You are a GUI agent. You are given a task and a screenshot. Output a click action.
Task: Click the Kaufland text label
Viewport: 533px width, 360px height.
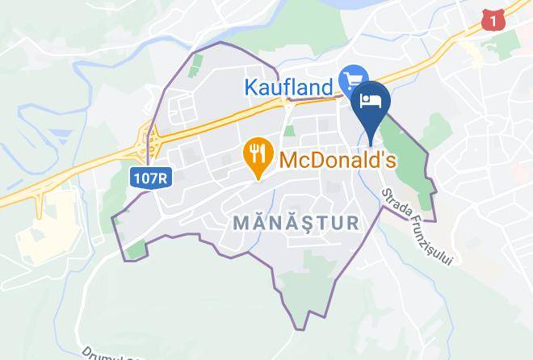(x=287, y=86)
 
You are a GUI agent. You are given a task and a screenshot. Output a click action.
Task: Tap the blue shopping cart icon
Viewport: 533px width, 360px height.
(x=353, y=80)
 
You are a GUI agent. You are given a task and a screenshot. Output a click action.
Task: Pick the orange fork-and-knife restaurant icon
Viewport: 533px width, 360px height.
(x=258, y=153)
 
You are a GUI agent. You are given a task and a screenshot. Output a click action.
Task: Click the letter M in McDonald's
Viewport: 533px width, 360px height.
(x=289, y=159)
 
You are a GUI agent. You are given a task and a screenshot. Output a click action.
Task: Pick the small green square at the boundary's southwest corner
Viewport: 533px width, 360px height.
(x=136, y=249)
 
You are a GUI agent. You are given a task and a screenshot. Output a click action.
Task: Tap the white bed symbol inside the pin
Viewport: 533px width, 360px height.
(x=371, y=99)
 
